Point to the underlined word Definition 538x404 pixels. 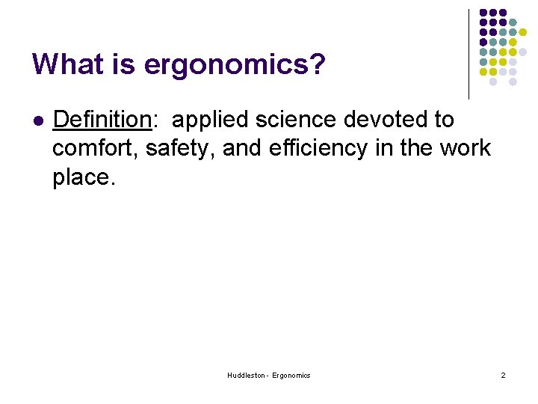(x=102, y=120)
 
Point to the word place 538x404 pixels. (x=84, y=178)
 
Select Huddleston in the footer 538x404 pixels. (x=245, y=375)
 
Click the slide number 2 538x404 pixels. (x=503, y=375)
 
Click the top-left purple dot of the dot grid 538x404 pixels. (x=483, y=13)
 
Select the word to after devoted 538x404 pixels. (x=442, y=120)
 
